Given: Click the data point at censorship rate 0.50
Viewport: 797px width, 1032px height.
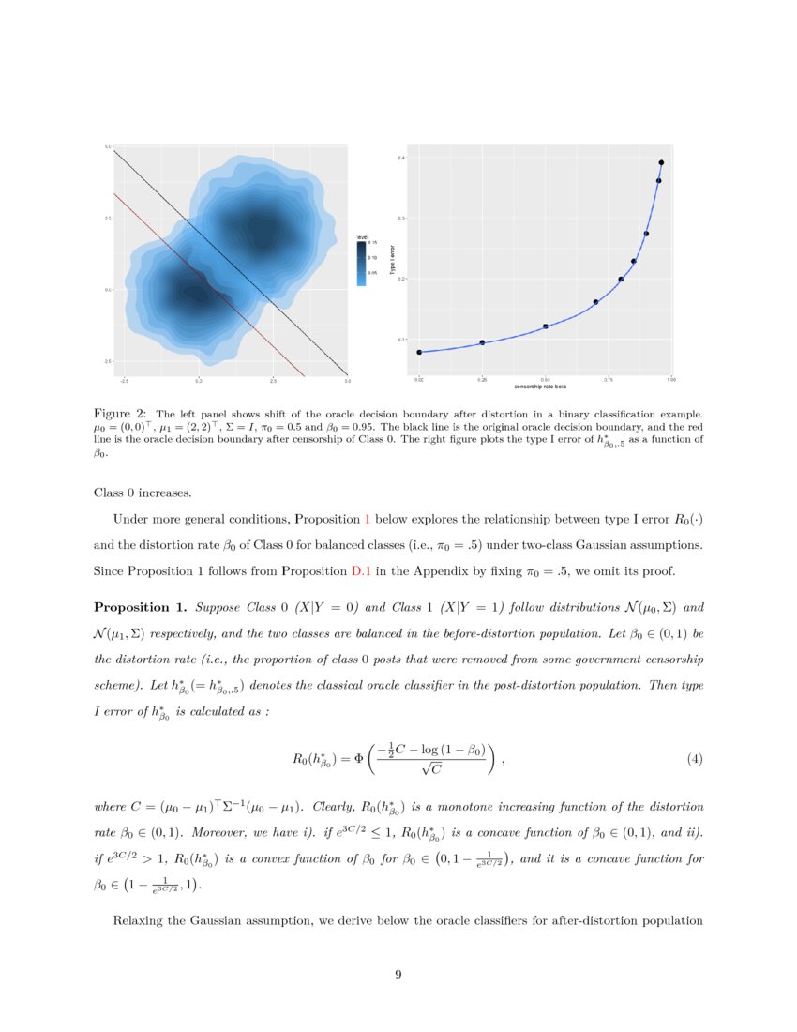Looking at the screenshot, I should pos(545,326).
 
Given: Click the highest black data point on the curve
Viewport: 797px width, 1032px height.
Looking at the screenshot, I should pos(661,163).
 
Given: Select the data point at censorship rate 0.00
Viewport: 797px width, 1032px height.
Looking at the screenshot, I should pos(419,352).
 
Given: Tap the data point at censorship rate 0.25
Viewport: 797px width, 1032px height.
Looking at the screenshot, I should pos(482,342).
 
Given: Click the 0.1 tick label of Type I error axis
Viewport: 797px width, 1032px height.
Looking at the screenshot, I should pos(401,339).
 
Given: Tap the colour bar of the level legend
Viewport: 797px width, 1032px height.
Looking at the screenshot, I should pos(361,263).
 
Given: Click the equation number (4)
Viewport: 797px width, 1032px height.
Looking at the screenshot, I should pos(695,758).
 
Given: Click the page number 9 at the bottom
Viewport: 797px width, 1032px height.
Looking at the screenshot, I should pos(398,976).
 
